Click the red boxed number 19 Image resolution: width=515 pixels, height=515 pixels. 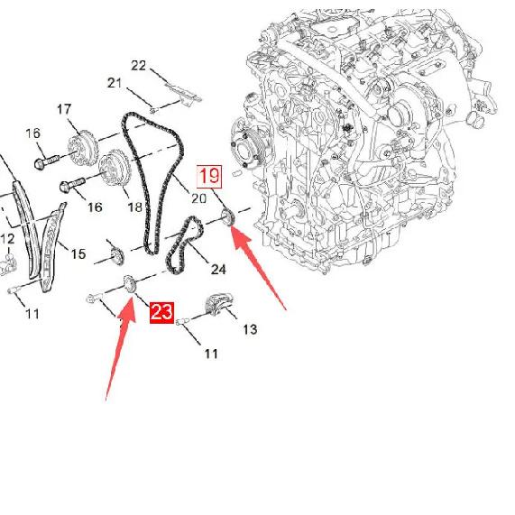point(209,177)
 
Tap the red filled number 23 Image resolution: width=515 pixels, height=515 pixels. point(161,312)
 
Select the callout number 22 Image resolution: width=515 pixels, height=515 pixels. point(138,66)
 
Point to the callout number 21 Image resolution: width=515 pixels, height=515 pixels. point(115,83)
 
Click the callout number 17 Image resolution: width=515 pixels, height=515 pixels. point(64,109)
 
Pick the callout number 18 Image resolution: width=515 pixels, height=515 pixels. point(134,207)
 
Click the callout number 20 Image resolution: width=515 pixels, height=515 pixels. point(198,198)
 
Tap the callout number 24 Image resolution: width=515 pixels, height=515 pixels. point(218,270)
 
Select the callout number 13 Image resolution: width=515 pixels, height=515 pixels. point(250,329)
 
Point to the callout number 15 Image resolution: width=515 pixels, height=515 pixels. point(78,253)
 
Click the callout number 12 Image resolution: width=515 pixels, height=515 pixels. point(7,239)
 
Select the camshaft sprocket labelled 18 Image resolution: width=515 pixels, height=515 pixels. point(115,168)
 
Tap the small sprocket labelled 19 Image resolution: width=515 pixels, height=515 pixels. point(227,217)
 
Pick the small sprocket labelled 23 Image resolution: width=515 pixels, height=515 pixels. point(130,285)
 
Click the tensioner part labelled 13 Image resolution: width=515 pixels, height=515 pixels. point(219,305)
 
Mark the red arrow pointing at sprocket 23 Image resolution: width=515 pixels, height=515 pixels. point(121,347)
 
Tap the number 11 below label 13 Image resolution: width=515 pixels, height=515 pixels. point(211,354)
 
